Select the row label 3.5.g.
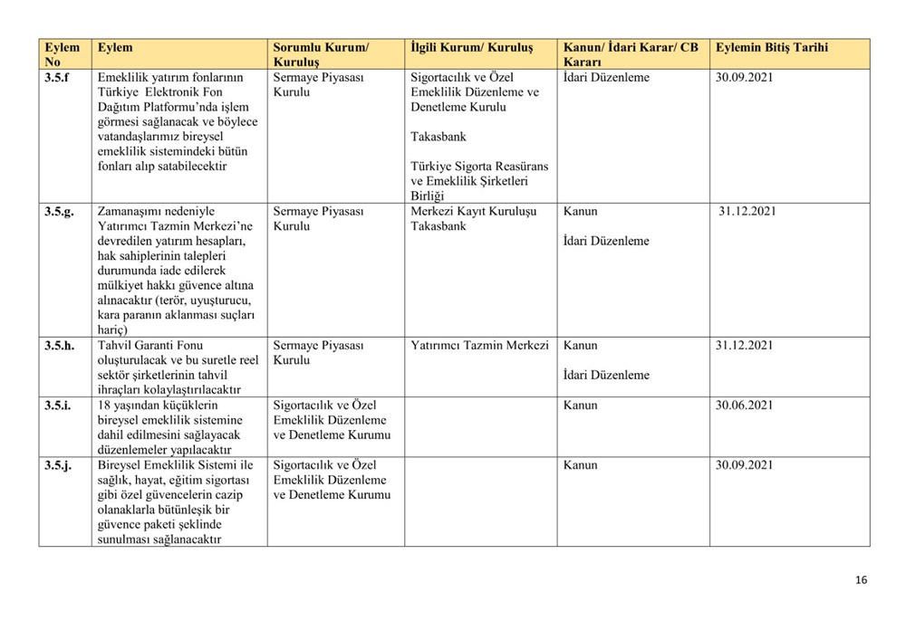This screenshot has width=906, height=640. pos(60,212)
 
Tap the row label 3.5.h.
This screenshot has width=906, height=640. pos(60,346)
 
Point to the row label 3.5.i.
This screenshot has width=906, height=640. pos(58,406)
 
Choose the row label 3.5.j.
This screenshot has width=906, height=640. pos(58,465)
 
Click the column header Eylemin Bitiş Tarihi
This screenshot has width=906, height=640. pos(771,47)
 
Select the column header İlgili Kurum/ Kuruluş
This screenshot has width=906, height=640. pos(471,47)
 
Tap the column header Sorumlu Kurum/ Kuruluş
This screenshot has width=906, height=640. pos(321,54)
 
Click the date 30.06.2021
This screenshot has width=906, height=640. pos(744,406)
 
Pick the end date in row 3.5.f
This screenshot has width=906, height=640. pos(744,78)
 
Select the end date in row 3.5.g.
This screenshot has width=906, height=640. pos(747,212)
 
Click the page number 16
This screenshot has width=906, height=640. pos(861,580)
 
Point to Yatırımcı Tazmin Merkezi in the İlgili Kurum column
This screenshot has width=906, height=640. pos(479,346)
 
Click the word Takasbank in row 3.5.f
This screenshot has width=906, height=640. pos(438,137)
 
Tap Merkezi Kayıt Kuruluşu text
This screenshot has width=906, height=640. pos(473,212)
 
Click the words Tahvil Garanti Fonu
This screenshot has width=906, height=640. pos(149,346)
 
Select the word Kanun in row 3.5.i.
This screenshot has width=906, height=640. pos(580,406)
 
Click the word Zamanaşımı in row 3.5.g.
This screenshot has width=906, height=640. pos(131,212)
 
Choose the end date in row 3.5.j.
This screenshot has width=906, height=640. pos(744,465)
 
